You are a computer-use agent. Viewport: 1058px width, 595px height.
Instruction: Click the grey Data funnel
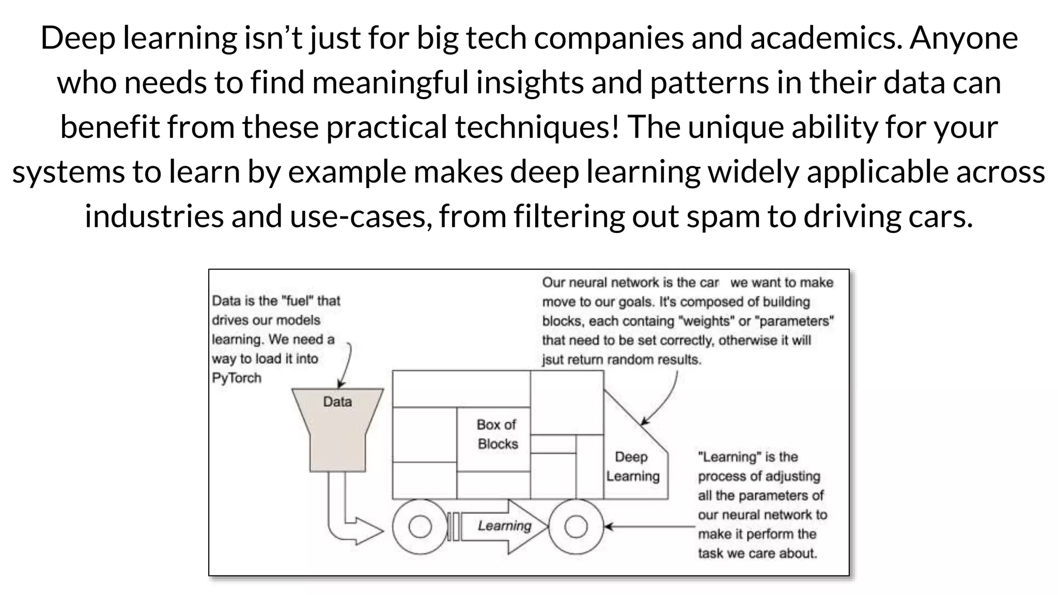(x=337, y=429)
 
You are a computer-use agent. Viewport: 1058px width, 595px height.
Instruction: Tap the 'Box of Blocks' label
(x=496, y=434)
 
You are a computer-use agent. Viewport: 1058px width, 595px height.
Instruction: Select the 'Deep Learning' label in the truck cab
(x=632, y=466)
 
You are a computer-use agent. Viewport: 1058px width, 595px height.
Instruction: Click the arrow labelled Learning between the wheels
(x=504, y=526)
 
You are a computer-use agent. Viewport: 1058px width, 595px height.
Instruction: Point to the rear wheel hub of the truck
(x=419, y=527)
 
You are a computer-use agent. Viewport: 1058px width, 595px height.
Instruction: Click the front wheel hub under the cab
(x=576, y=527)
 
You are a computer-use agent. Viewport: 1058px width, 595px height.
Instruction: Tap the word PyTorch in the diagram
(x=237, y=378)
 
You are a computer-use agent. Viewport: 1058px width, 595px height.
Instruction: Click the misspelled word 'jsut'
(x=553, y=360)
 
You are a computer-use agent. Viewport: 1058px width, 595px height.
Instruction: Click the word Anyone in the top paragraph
(x=963, y=38)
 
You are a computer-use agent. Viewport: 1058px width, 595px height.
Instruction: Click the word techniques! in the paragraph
(x=537, y=127)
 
